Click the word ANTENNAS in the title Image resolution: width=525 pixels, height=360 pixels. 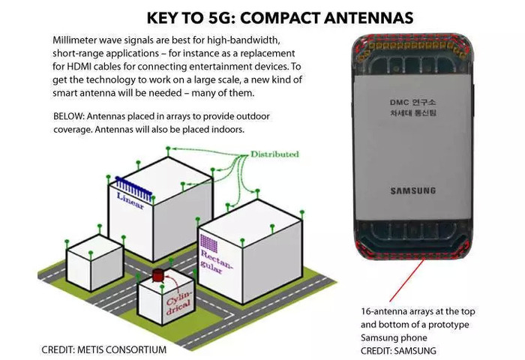369,18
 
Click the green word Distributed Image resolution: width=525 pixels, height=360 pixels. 274,154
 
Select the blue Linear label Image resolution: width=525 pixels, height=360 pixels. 130,201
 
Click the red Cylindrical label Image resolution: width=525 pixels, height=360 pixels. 178,302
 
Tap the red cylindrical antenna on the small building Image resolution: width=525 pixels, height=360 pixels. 157,275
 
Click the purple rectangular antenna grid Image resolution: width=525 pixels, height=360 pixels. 209,243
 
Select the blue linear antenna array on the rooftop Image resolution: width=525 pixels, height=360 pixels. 133,189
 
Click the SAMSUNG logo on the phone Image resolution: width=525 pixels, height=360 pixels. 413,191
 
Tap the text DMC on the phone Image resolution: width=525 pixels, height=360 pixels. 399,103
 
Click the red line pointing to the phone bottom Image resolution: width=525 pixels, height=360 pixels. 406,280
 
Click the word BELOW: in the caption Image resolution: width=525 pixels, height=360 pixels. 69,116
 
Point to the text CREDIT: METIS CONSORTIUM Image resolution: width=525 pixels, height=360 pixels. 103,349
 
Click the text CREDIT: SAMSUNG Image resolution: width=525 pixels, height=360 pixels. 398,351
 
